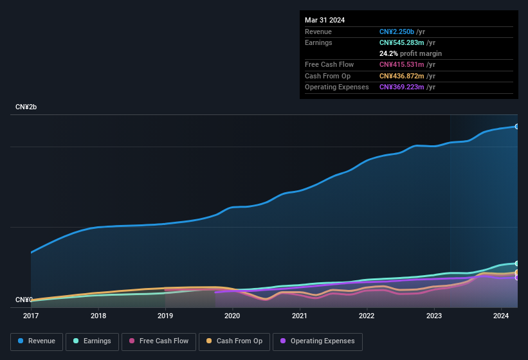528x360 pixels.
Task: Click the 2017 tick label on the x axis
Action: click(31, 316)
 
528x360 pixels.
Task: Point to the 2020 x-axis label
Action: click(232, 316)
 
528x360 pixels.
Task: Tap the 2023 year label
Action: click(433, 316)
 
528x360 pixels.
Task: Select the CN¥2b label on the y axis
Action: click(26, 107)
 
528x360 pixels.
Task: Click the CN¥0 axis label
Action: click(24, 300)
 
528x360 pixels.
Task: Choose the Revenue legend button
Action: click(37, 341)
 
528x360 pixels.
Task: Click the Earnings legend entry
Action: click(92, 341)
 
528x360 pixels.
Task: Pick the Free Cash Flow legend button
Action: click(159, 341)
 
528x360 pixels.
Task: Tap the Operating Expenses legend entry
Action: click(318, 341)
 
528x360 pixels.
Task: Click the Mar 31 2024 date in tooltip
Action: click(325, 20)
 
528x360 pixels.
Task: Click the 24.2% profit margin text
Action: click(410, 53)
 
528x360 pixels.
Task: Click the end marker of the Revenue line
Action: click(517, 126)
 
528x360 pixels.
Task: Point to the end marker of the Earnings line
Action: click(517, 264)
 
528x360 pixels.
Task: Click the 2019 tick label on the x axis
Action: click(165, 316)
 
